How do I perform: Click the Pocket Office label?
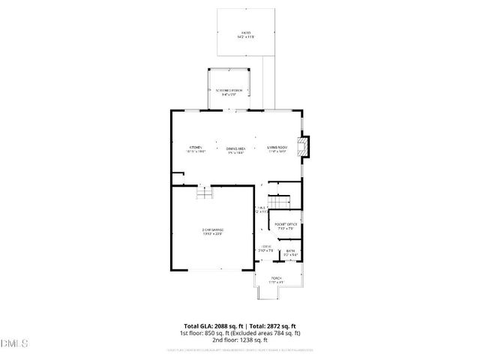pos(286,225)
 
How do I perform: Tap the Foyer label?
pos(266,247)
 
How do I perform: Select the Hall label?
pos(262,209)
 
